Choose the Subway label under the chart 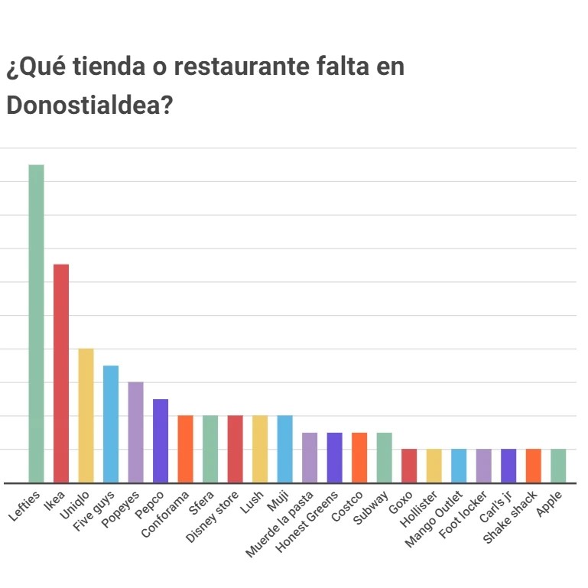point(372,508)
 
